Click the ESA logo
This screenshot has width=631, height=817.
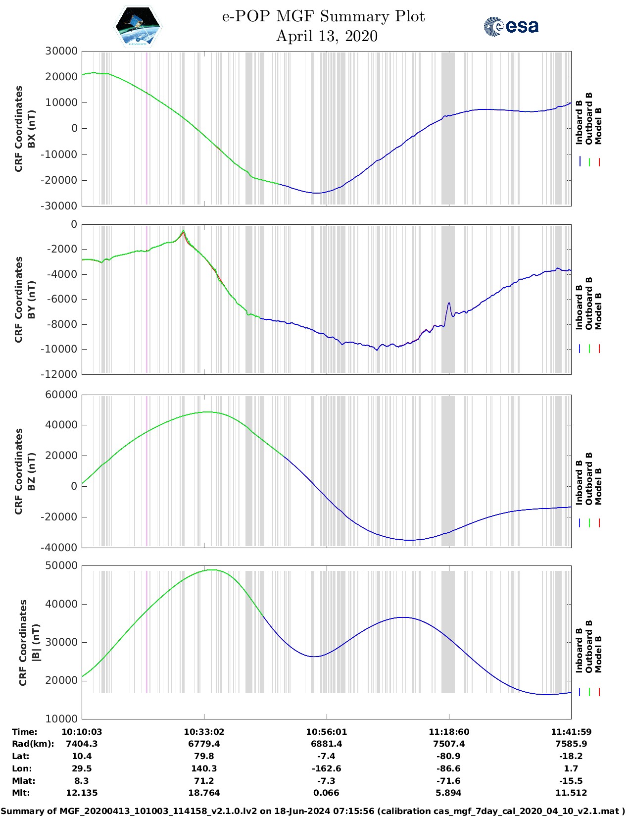(x=511, y=26)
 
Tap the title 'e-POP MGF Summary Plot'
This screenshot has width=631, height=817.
(x=323, y=16)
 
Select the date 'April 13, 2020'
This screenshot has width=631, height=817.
(x=327, y=36)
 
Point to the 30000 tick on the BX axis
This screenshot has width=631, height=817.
(x=61, y=51)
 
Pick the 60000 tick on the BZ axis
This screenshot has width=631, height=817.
(x=61, y=395)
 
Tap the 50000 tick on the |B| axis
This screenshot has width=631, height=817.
(x=61, y=565)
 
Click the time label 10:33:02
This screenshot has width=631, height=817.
(x=204, y=732)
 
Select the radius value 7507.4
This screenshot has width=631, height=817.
(x=449, y=744)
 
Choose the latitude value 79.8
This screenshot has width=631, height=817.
(x=204, y=756)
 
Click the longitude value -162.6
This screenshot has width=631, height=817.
(x=326, y=768)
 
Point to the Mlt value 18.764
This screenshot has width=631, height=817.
(x=204, y=793)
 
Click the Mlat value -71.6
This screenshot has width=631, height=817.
(x=449, y=781)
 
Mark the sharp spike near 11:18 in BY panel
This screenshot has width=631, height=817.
(x=449, y=303)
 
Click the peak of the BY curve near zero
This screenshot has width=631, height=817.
(x=183, y=231)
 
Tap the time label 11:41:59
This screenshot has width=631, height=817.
(x=571, y=732)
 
